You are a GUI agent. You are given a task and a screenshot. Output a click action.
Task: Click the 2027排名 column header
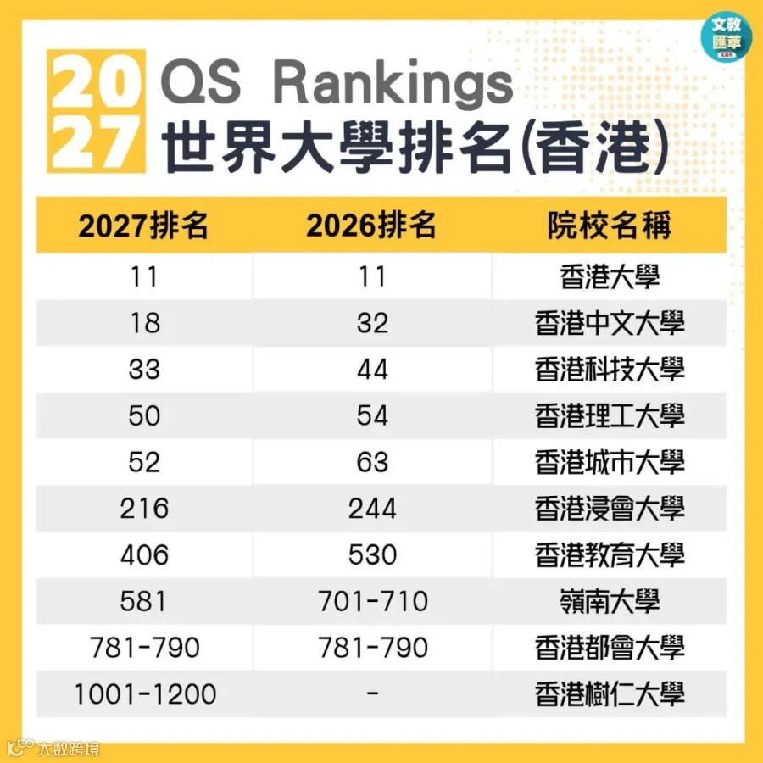click(143, 226)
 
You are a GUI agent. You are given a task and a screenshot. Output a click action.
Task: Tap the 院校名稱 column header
click(610, 226)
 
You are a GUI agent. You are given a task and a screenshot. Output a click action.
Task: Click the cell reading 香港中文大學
click(610, 323)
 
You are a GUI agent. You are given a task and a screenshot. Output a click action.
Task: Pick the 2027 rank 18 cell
click(144, 323)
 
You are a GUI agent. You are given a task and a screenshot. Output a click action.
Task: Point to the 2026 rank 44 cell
click(372, 370)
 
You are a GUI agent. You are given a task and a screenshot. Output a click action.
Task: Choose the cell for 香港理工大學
click(610, 415)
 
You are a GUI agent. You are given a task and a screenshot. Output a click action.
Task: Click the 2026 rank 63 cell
click(372, 462)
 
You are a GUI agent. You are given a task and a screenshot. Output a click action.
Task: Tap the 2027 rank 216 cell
click(144, 509)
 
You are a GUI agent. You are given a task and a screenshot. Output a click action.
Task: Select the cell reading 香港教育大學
click(610, 554)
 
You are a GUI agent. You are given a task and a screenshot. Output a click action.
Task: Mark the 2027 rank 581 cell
click(143, 601)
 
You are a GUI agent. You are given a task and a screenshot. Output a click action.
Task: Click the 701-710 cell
click(373, 601)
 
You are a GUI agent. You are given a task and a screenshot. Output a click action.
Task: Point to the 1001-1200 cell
click(145, 693)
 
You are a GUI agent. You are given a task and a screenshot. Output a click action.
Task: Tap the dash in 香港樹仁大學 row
click(372, 693)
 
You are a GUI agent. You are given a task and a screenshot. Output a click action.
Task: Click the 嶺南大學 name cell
click(610, 601)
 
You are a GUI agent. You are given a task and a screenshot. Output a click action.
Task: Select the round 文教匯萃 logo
click(726, 36)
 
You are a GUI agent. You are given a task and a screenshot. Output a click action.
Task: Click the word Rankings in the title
click(393, 83)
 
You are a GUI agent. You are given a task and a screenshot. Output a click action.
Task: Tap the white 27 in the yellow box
click(96, 142)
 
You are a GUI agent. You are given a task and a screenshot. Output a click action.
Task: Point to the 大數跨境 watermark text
click(69, 749)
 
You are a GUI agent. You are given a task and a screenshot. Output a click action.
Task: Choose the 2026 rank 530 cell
click(372, 554)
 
